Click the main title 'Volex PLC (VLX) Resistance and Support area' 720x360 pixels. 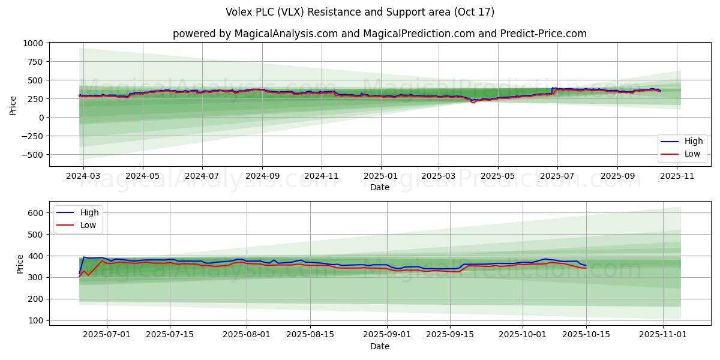[x=360, y=12]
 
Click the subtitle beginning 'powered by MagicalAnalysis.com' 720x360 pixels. [x=379, y=34]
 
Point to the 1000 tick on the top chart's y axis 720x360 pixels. [x=33, y=43]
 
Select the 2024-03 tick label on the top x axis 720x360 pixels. [x=83, y=177]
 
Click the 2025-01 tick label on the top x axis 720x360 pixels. [x=381, y=177]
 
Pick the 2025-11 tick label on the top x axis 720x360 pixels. [x=677, y=177]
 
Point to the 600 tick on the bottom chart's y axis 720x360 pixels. [x=37, y=212]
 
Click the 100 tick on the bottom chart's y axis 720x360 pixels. [x=37, y=320]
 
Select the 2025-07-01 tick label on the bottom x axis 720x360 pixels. [x=107, y=335]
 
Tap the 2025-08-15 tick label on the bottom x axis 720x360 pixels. [x=310, y=335]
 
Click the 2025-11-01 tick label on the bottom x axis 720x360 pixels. [x=662, y=335]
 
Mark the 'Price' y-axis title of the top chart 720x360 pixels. [x=13, y=105]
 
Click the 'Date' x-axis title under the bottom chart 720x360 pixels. [x=379, y=346]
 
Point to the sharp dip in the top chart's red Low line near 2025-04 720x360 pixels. [x=473, y=103]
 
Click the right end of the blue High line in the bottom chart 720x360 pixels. [x=586, y=266]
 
